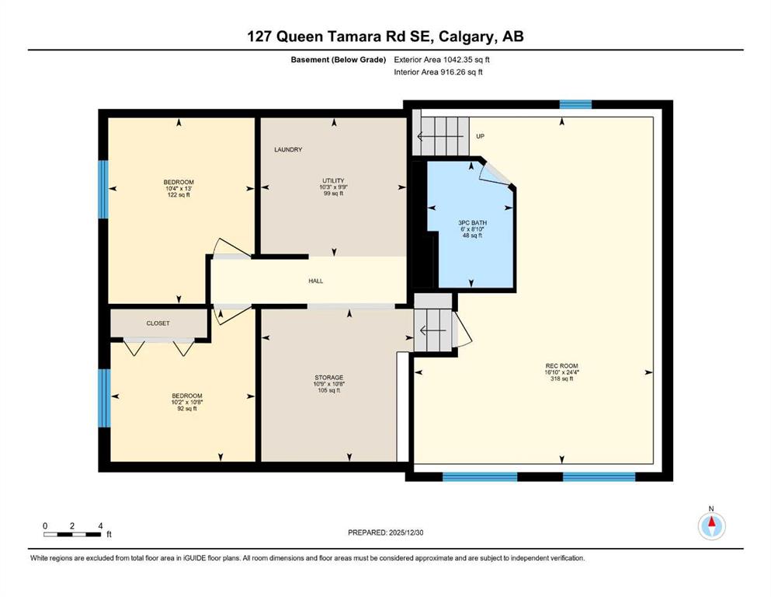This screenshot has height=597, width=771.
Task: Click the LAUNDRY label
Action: point(288,149)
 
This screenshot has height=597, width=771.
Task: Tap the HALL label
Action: point(316,281)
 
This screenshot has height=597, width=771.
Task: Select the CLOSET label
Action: point(158,323)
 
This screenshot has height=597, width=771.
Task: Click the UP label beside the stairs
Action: point(480,136)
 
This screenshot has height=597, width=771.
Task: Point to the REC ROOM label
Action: point(561,366)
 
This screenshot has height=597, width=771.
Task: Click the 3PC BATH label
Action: point(472,223)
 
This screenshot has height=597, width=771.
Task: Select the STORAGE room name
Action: point(329,378)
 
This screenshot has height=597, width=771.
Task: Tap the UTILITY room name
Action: point(333,180)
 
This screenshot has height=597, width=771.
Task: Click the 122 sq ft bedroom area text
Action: point(179,195)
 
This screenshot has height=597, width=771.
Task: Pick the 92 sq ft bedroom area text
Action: point(187,409)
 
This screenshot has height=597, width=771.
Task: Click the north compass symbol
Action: point(711,525)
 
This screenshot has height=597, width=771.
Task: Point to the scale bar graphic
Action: point(72,534)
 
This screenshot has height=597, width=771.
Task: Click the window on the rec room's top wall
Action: point(575,104)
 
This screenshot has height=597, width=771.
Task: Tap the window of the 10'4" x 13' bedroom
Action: point(103,190)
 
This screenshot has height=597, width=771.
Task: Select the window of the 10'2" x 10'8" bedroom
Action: point(104,398)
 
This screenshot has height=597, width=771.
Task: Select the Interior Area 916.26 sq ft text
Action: point(438,72)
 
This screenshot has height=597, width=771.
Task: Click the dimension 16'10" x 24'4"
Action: point(561,372)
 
